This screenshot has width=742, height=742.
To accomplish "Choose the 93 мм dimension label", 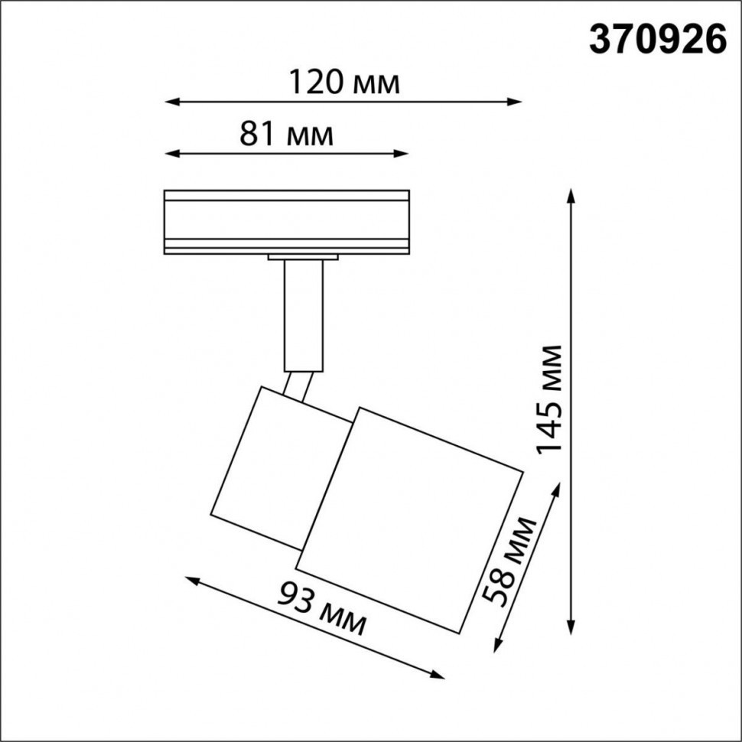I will (x=321, y=608).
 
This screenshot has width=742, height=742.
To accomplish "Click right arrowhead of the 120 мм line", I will (x=516, y=101).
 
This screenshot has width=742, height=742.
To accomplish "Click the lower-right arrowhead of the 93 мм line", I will (x=438, y=675).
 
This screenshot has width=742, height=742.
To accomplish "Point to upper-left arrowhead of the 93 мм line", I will (x=191, y=581).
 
